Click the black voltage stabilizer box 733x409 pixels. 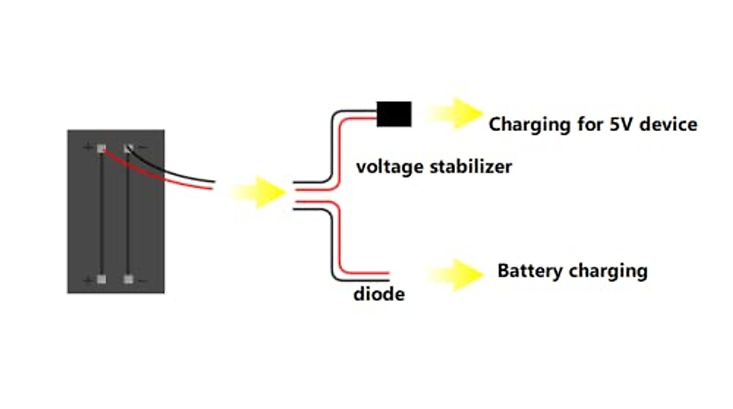point(394,114)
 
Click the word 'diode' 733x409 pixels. point(379,294)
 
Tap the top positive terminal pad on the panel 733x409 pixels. point(101,148)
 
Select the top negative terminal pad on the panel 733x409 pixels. point(128,148)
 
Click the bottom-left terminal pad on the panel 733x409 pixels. point(101,280)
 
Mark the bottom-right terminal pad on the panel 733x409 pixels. point(128,280)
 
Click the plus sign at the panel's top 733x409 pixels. point(89,147)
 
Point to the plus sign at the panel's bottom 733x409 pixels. point(89,280)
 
